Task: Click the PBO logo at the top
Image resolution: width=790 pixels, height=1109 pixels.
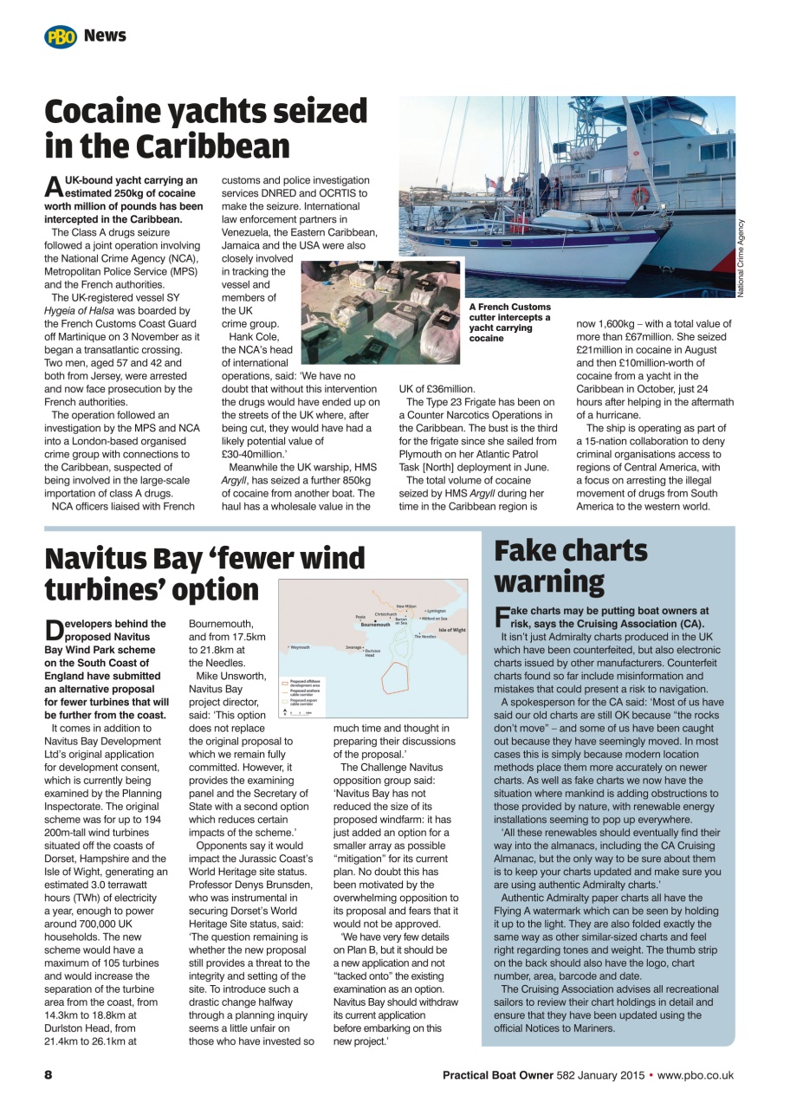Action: [61, 36]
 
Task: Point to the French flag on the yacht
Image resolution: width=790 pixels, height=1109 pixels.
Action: [491, 184]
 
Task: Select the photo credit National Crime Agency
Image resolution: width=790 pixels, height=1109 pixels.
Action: [741, 258]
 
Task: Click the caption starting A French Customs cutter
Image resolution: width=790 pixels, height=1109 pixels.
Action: [509, 322]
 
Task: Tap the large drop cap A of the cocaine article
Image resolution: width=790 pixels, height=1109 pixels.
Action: [53, 186]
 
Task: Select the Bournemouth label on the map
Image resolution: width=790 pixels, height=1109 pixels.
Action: [376, 625]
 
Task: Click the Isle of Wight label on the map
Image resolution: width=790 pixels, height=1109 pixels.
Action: [451, 630]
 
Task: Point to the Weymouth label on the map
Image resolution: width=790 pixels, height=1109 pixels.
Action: [300, 647]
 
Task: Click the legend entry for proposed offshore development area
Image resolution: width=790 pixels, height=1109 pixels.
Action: [305, 683]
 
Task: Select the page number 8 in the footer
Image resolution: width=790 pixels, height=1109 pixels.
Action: [49, 1075]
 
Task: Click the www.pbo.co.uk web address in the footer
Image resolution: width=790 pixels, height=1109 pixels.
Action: [696, 1075]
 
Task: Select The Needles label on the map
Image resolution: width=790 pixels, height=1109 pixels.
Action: [424, 637]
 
